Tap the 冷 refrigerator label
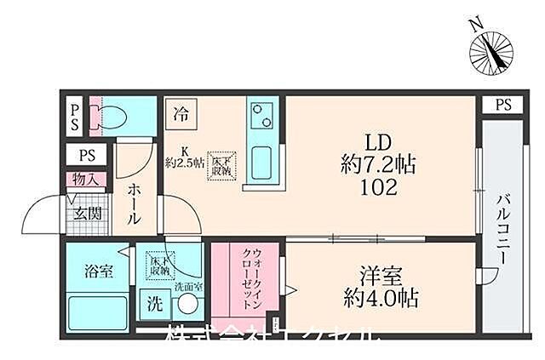click(181, 111)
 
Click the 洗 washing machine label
click(155, 303)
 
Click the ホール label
click(135, 206)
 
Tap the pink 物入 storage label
click(86, 180)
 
